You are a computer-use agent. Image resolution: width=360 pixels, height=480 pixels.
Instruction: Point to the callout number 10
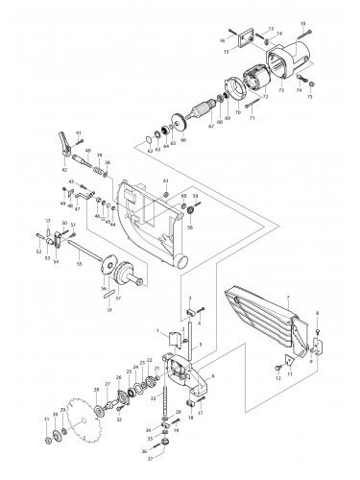tap(303, 21)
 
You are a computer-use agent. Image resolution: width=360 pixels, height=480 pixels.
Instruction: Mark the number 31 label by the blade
tap(45, 420)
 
